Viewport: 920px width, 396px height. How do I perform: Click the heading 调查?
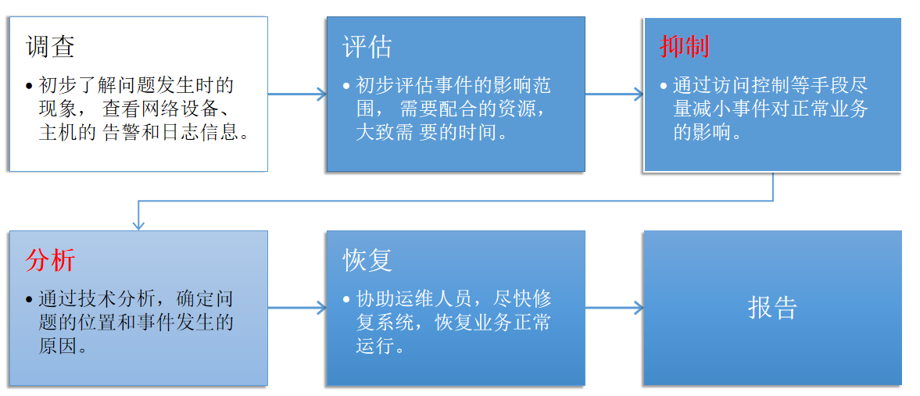click(x=50, y=47)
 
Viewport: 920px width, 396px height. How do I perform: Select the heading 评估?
click(x=367, y=47)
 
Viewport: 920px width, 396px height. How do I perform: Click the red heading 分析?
click(x=50, y=260)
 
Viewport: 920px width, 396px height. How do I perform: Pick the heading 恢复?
click(x=367, y=260)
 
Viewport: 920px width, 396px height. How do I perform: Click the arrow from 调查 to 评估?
click(x=297, y=94)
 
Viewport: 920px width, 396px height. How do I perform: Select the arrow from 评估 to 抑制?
click(x=614, y=94)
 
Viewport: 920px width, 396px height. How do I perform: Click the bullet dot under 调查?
click(x=30, y=86)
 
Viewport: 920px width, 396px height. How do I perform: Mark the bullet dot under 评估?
click(x=346, y=86)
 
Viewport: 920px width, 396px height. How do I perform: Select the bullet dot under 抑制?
click(x=664, y=86)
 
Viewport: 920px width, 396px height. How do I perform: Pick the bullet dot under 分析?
click(x=30, y=300)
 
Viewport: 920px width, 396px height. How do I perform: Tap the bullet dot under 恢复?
click(x=346, y=300)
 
